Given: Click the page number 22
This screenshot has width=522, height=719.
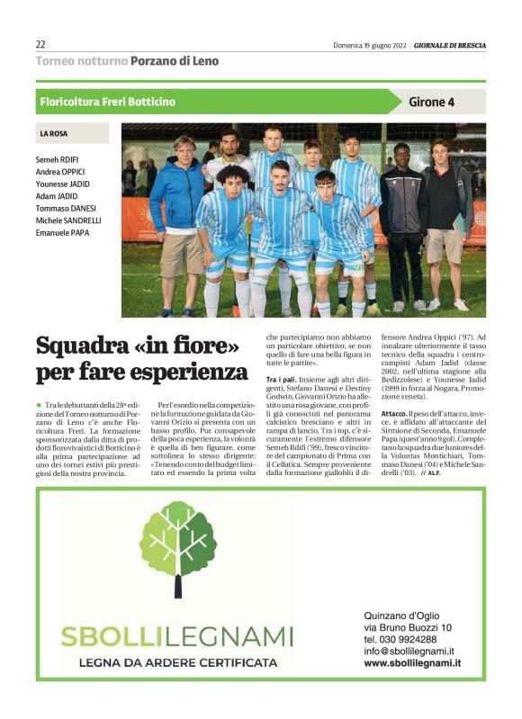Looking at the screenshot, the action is pos(40,44).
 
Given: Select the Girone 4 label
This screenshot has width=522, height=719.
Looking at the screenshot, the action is pos(432,102).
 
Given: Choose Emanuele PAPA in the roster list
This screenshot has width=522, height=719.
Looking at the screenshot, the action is pos(62,232).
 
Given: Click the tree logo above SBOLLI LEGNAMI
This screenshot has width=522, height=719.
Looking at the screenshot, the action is pos(177,551).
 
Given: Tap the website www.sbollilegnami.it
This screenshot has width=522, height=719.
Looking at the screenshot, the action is pos(412,662).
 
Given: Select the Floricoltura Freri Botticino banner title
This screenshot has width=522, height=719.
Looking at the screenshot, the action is pos(108,102).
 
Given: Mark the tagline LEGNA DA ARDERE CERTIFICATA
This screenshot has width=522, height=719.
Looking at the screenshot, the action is pos(177,662).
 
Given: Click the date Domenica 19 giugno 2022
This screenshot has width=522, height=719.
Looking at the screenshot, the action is pos(370,45).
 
